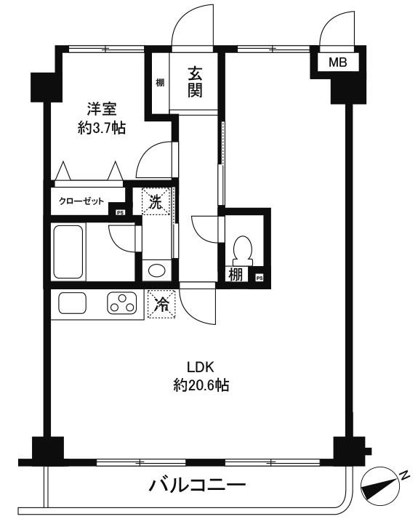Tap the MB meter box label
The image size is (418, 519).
(338, 63)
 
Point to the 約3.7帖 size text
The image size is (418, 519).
(102, 129)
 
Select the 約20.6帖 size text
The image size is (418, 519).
(201, 385)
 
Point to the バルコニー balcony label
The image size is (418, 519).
(198, 485)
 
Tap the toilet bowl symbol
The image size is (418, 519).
(241, 251)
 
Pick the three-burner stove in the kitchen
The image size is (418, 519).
(123, 304)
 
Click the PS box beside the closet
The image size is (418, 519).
(120, 212)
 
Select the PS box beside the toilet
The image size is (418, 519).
(259, 276)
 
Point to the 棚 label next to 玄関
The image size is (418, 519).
(159, 82)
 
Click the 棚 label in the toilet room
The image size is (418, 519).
(236, 275)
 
